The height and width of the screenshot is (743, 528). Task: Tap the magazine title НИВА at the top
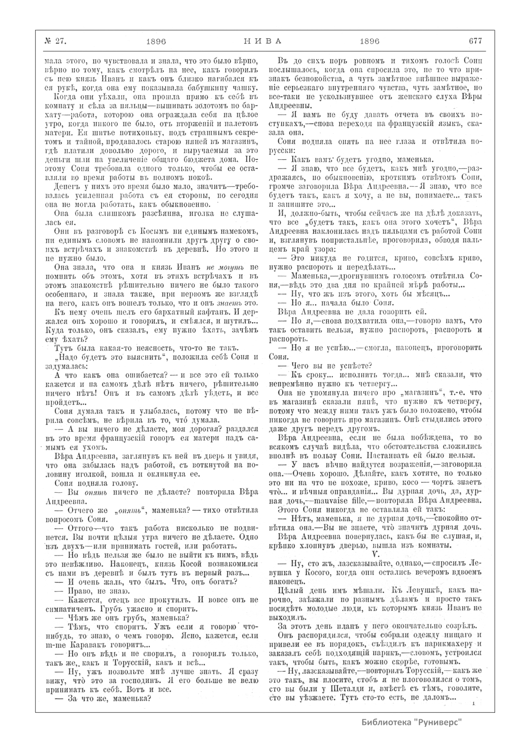[x=262, y=41]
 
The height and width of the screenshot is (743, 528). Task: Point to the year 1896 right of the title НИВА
[x=369, y=41]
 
